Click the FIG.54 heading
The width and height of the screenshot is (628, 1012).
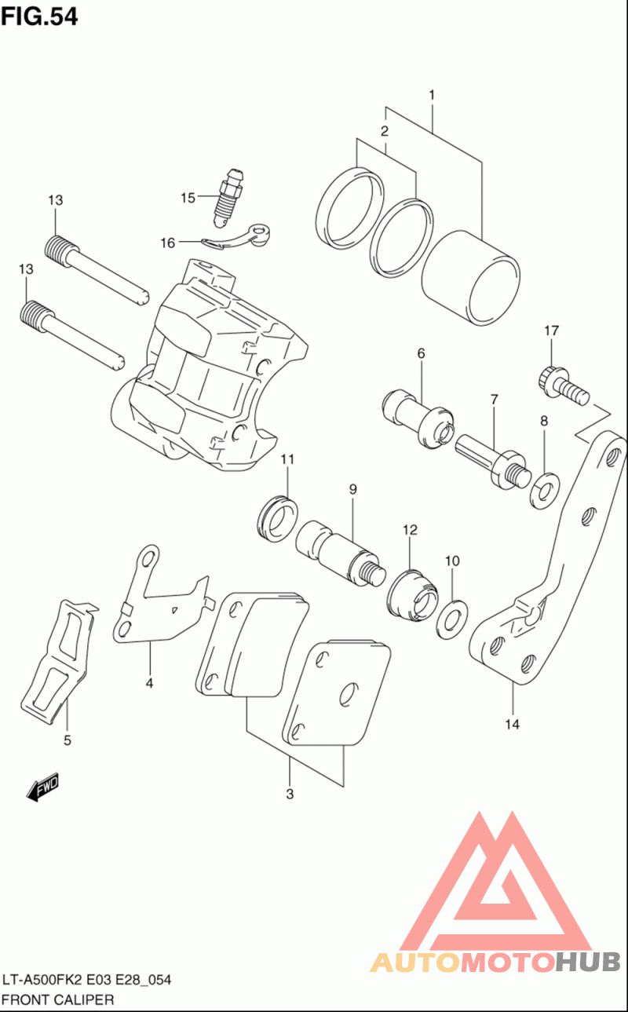[39, 16]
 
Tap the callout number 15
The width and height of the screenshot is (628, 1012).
[188, 198]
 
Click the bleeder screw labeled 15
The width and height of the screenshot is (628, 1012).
[229, 195]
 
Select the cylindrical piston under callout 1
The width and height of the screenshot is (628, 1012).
[469, 279]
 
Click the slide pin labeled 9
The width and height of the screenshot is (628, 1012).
[339, 552]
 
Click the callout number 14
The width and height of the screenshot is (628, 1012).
[512, 725]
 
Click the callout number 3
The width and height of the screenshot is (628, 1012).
[290, 794]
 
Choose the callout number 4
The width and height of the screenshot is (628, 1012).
[148, 683]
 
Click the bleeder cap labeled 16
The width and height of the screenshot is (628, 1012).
[235, 237]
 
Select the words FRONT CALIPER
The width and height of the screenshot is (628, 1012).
[59, 999]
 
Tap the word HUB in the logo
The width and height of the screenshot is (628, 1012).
[589, 961]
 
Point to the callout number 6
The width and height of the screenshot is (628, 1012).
[421, 354]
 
